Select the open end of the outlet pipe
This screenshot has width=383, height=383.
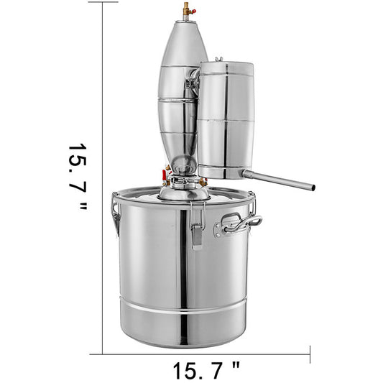(313, 188)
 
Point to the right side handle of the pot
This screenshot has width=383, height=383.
(240, 225)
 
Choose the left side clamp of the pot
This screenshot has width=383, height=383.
(115, 214)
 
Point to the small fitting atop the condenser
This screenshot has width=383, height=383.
(218, 60)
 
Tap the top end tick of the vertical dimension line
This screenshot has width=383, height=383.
(103, 2)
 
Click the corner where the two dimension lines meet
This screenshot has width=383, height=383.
(103, 354)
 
